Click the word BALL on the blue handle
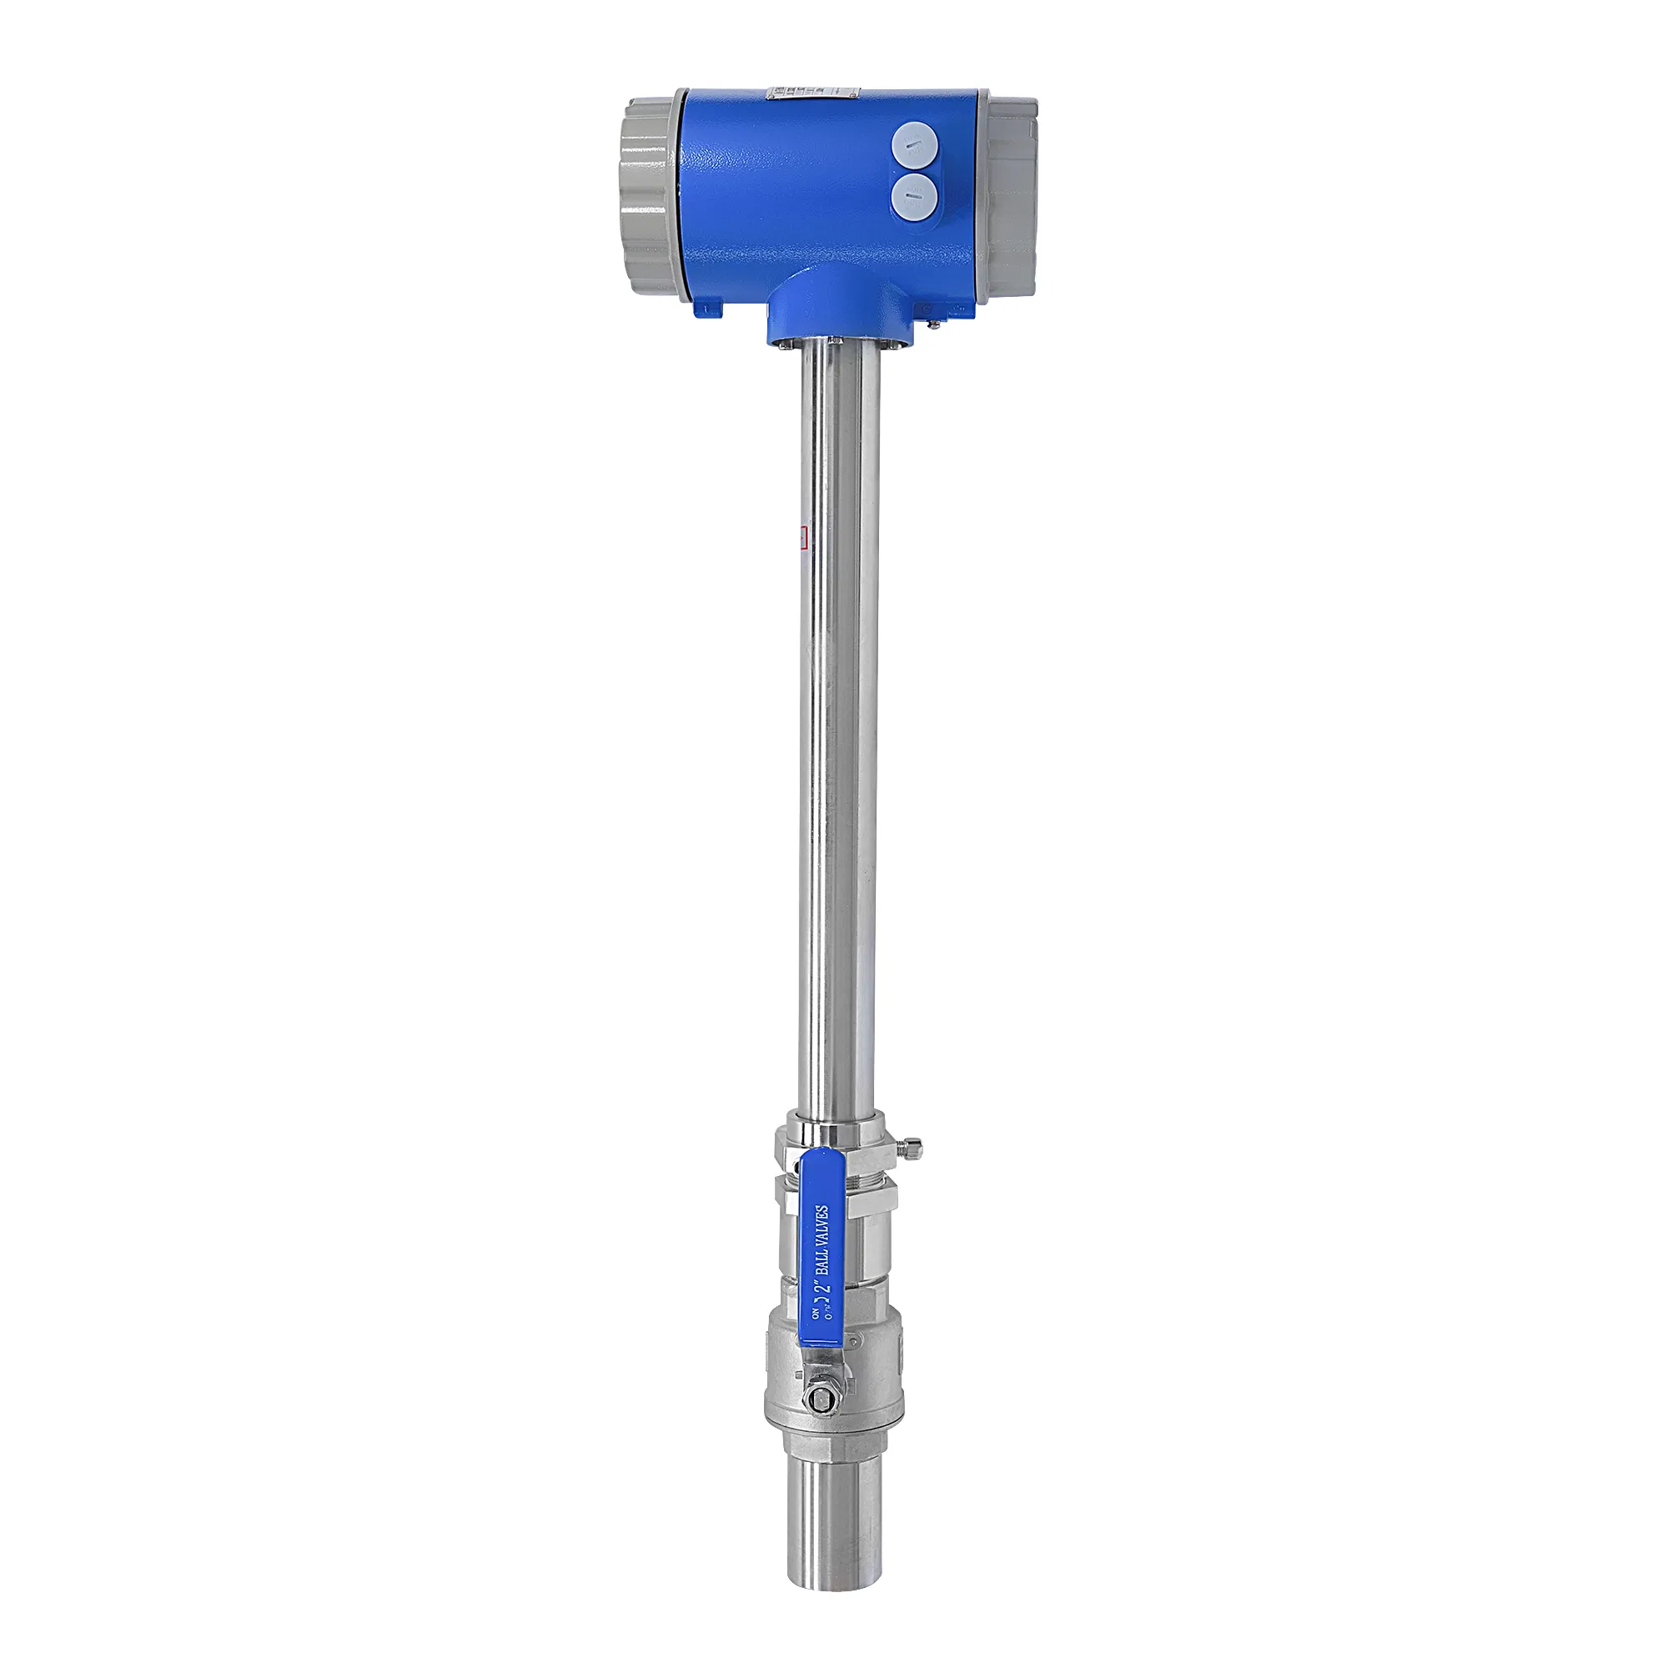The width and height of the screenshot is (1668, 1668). point(822,1278)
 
